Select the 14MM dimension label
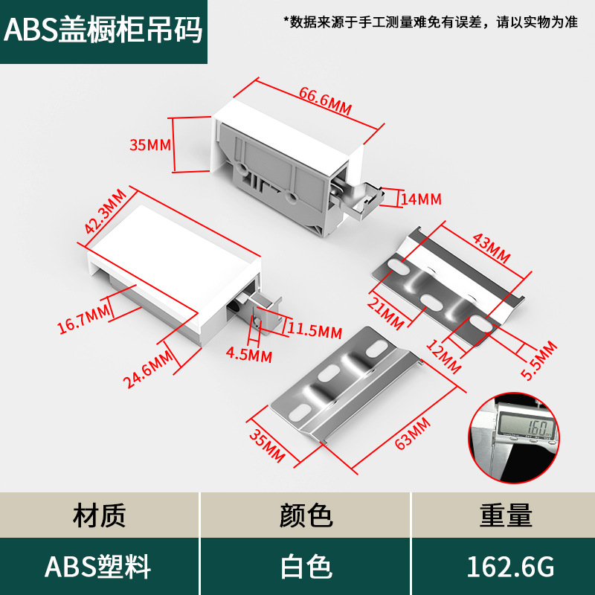click(x=421, y=199)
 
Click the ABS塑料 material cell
click(x=97, y=567)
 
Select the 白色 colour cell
click(x=305, y=567)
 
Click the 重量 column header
click(x=506, y=515)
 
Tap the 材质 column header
click(x=100, y=515)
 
